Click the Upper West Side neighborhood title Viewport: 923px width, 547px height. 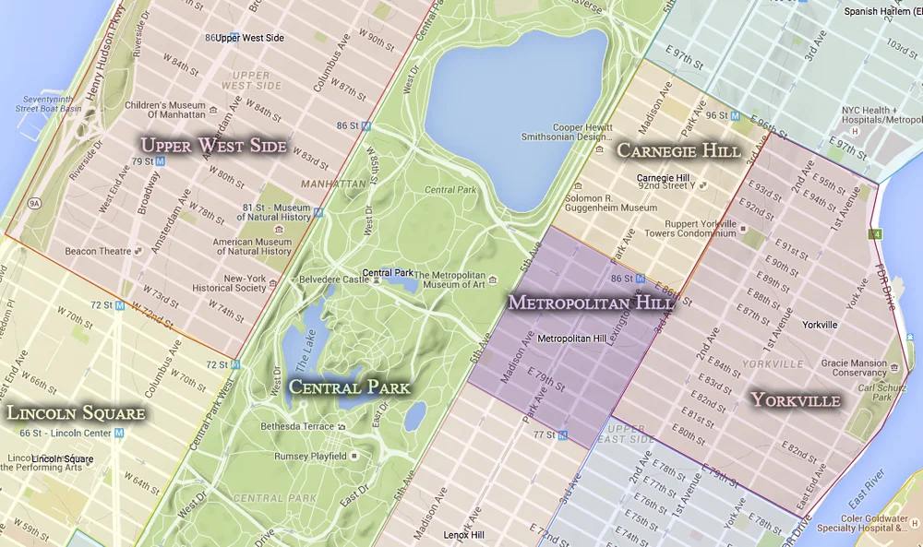212,146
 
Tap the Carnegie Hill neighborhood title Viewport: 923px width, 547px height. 678,150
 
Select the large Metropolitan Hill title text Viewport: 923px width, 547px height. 591,303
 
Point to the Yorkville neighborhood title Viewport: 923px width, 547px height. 795,400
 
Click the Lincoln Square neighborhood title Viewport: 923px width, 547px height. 76,412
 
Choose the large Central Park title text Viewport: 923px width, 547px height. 349,387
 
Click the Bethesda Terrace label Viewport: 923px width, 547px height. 298,426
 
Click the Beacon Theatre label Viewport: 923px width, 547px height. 98,251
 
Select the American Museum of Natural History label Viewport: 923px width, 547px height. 252,246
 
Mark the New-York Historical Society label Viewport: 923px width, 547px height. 258,282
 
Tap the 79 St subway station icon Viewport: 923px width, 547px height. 161,161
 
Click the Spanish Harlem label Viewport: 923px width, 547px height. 881,11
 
